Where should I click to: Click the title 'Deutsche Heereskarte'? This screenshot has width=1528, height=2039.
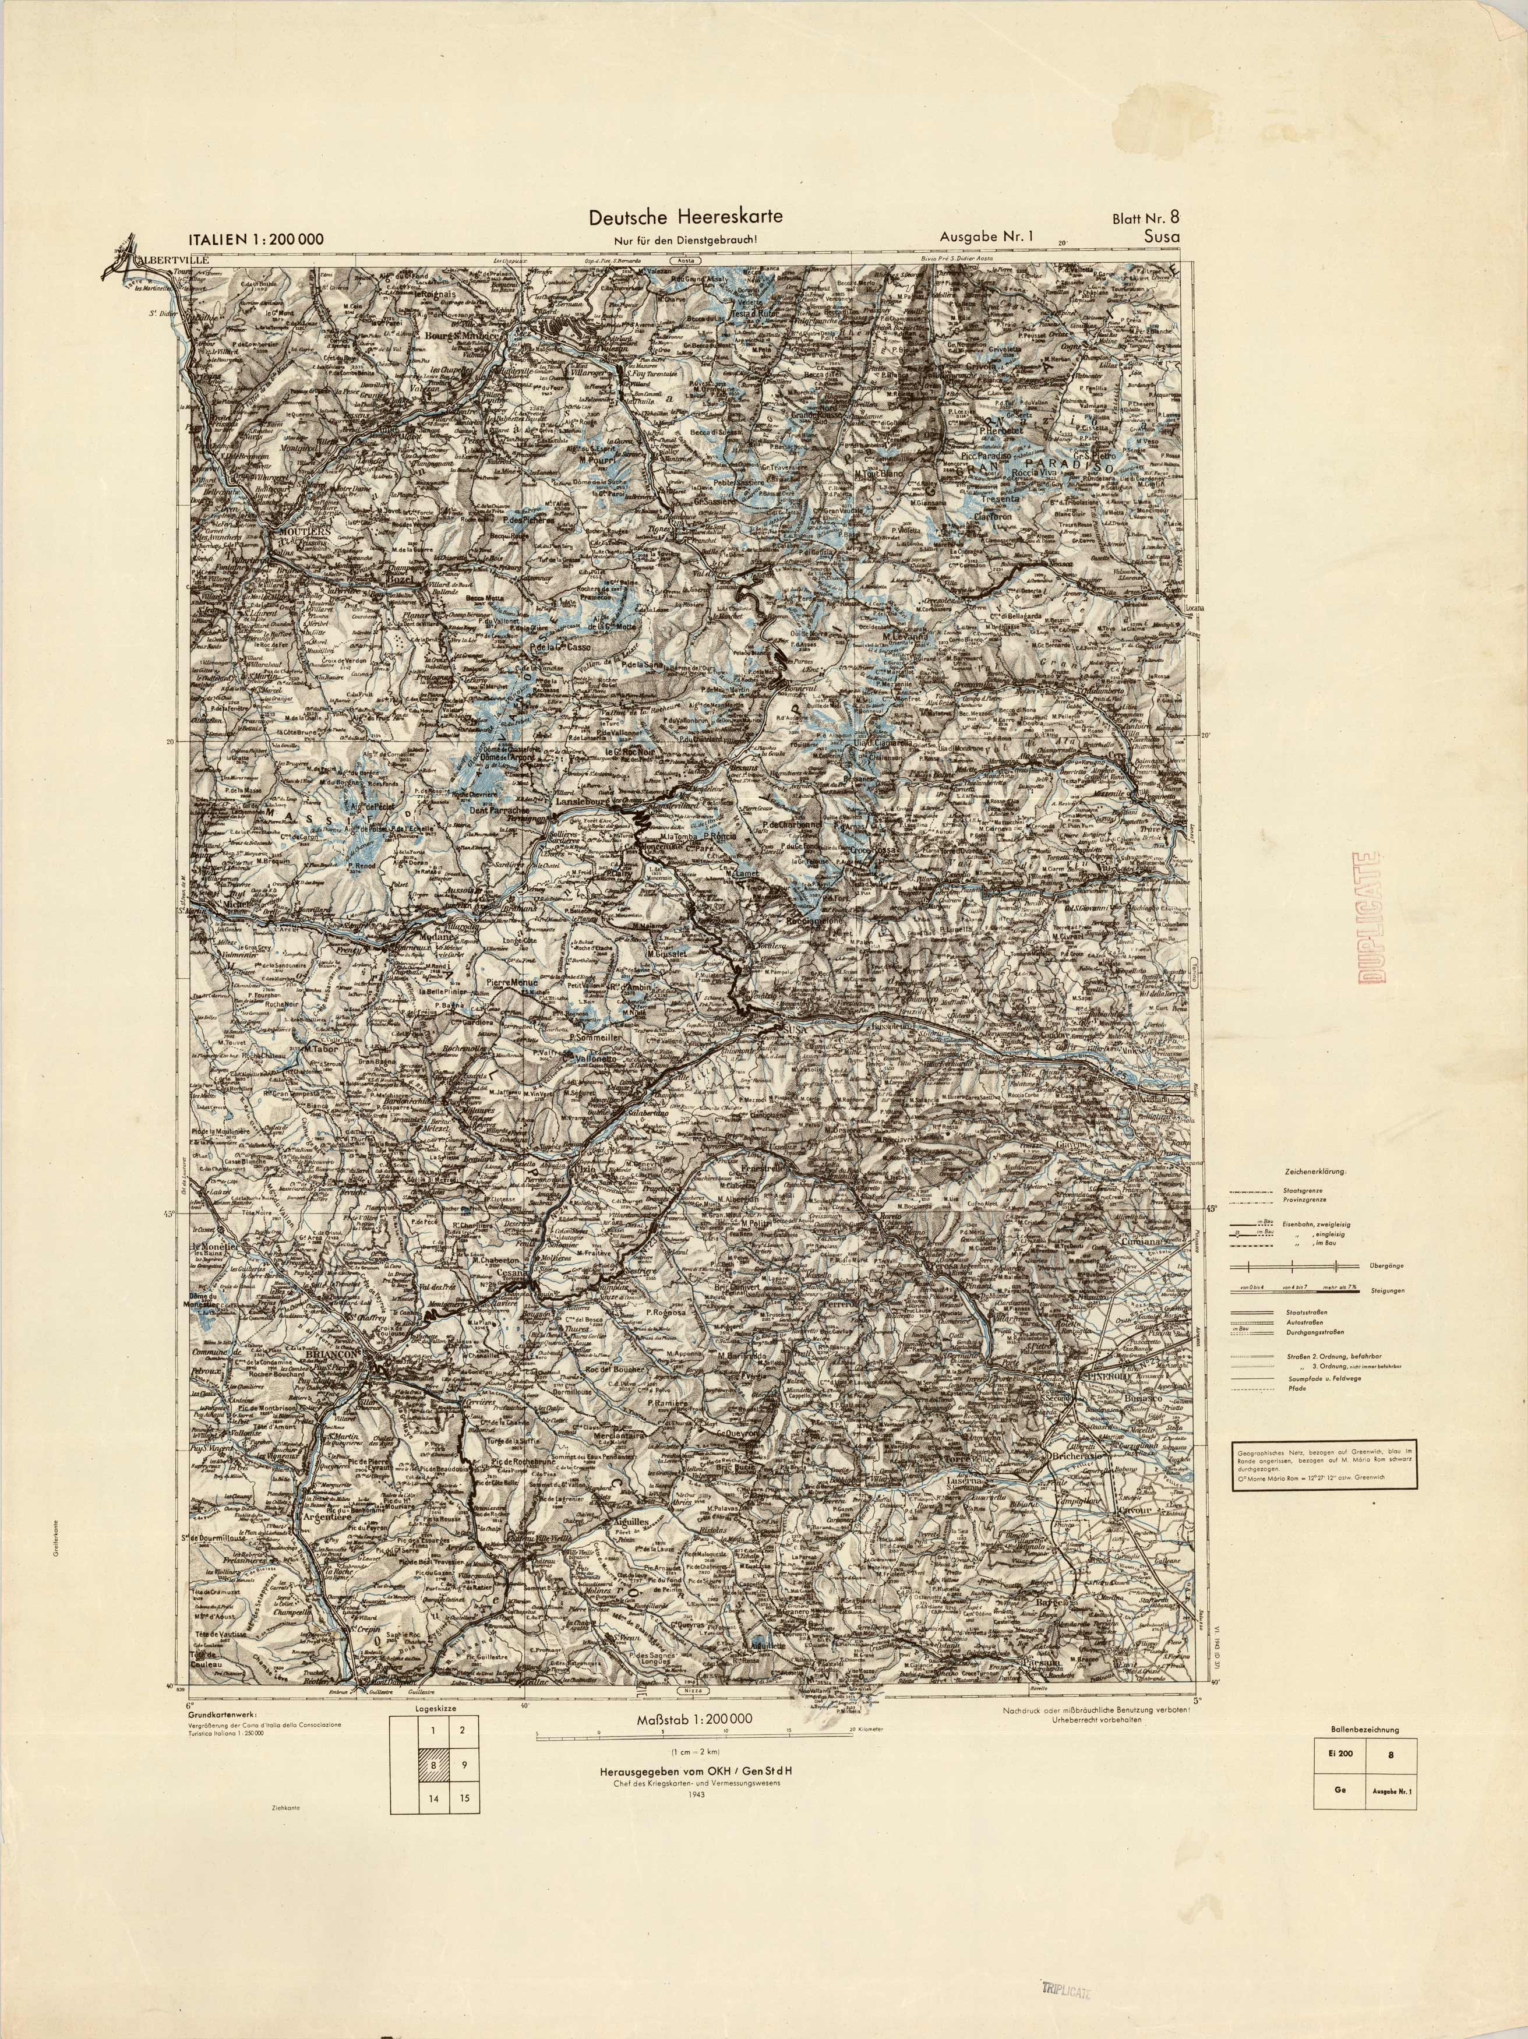pos(686,217)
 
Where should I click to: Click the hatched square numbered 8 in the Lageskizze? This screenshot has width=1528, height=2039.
pos(433,1765)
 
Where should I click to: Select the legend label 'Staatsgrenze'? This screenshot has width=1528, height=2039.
pos(1302,1190)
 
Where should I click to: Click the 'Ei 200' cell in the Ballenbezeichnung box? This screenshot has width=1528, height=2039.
pos(1341,1754)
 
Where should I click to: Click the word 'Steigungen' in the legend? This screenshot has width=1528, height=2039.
pos(1387,1290)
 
